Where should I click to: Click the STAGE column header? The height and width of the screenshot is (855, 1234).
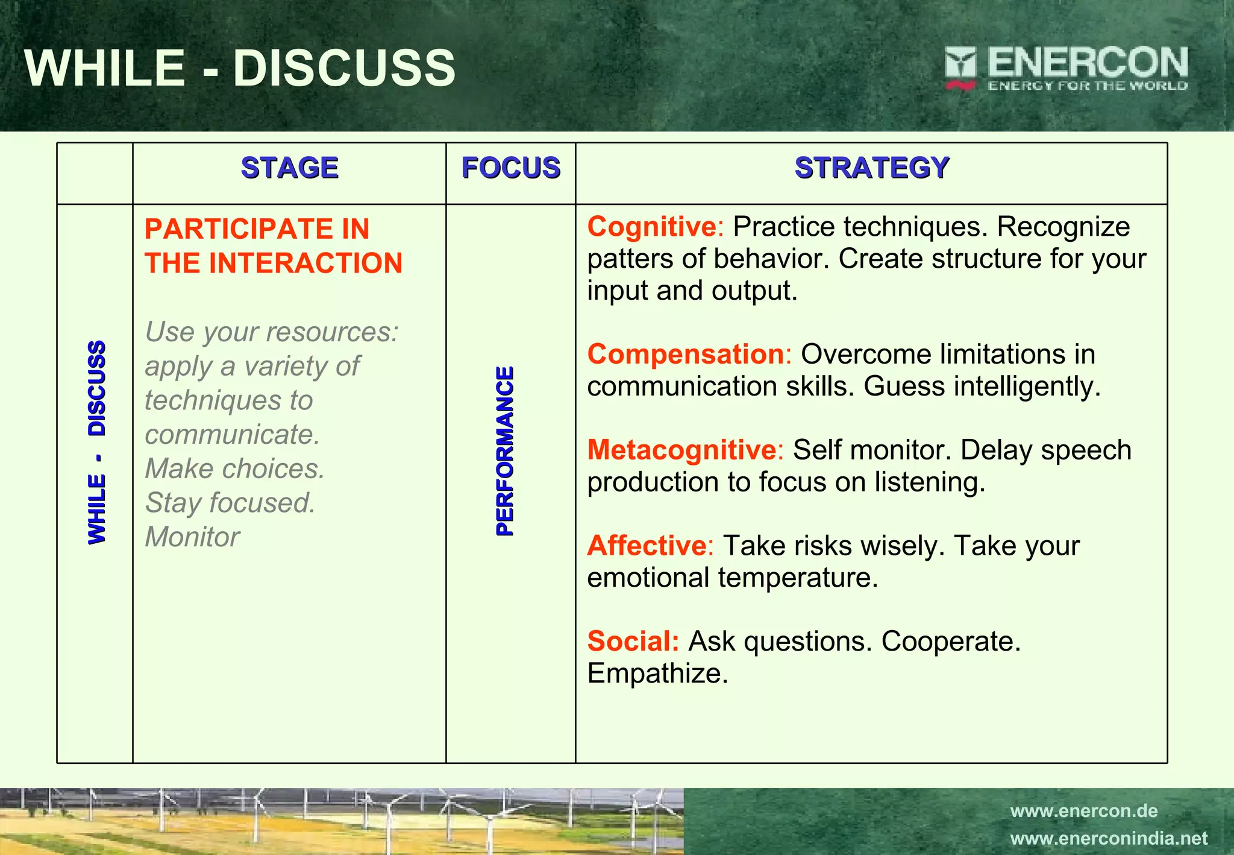[x=289, y=168]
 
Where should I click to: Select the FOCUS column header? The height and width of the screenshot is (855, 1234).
[x=510, y=168]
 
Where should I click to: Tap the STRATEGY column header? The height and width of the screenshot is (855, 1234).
[x=871, y=168]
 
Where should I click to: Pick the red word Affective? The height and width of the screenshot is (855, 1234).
[x=647, y=546]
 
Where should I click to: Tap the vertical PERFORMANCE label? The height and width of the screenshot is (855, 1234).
[x=505, y=451]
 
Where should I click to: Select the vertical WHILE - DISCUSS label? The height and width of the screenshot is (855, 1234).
[x=97, y=443]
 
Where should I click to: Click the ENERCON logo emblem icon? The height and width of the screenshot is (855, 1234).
[x=960, y=68]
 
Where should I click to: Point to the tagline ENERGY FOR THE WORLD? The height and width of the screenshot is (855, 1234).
[x=1087, y=86]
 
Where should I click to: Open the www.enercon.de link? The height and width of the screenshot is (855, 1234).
[x=1083, y=811]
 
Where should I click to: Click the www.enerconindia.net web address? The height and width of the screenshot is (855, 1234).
[x=1109, y=838]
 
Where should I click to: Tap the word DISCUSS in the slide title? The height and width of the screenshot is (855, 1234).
[x=344, y=68]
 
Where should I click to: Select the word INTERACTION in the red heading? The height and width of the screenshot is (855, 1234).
[x=305, y=263]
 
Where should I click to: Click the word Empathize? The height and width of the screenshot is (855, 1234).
[x=657, y=674]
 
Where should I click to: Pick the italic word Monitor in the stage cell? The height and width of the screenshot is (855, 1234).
[x=192, y=537]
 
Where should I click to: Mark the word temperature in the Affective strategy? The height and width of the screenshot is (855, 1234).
[x=798, y=578]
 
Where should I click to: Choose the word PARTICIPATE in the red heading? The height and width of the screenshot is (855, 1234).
[x=237, y=229]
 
